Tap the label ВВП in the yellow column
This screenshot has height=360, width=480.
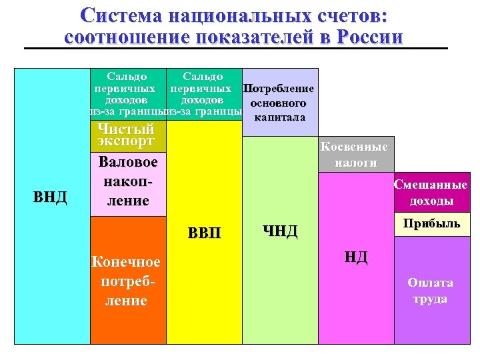pyautogui.click(x=203, y=234)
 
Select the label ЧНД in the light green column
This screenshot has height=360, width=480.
pyautogui.click(x=280, y=231)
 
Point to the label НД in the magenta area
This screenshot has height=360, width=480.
pyautogui.click(x=356, y=257)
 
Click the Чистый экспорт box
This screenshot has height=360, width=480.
pyautogui.click(x=126, y=135)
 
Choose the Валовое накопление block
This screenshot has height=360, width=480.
pyautogui.click(x=128, y=181)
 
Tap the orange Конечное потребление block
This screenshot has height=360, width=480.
pyautogui.click(x=127, y=281)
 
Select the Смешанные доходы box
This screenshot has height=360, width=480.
pyautogui.click(x=431, y=193)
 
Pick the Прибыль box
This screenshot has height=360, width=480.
pyautogui.click(x=431, y=224)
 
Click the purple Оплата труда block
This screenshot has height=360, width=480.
pyautogui.click(x=431, y=291)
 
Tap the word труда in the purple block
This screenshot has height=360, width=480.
pyautogui.click(x=431, y=299)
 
